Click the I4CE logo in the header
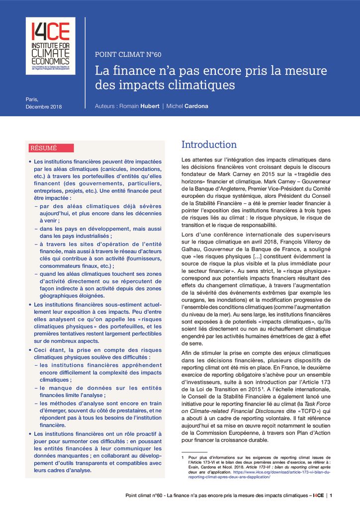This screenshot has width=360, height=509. (x=50, y=46)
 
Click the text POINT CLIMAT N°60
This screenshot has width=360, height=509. (x=128, y=55)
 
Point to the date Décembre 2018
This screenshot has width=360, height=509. (x=44, y=107)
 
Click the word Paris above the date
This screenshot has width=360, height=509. (x=32, y=99)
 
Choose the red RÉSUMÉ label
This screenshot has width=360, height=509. (x=44, y=148)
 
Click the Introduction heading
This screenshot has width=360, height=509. (x=209, y=145)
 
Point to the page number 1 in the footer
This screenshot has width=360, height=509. (x=332, y=496)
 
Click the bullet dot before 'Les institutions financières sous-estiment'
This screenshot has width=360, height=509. (x=30, y=304)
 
